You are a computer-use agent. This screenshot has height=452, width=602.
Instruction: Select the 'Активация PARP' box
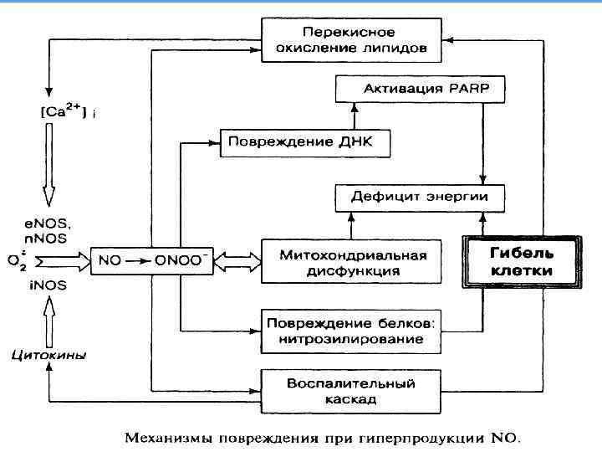410,88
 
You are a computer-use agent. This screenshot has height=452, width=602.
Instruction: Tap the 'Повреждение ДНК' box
306,142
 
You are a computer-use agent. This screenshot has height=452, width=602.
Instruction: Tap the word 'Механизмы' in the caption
166,435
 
